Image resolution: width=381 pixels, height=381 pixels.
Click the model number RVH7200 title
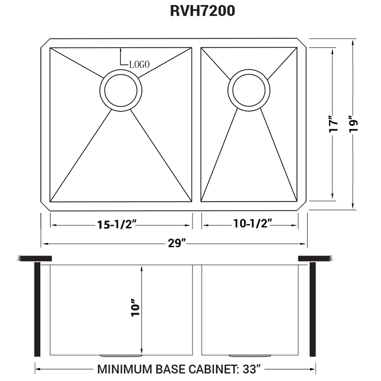pos(202,11)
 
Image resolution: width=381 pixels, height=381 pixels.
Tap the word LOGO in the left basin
pos(139,64)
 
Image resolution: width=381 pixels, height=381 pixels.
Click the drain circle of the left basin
pos(121,90)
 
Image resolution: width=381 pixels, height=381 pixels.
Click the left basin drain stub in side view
pos(121,356)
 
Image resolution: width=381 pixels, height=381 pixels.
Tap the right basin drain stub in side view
pos(250,356)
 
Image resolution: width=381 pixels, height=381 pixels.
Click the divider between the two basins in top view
pos(196,125)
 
